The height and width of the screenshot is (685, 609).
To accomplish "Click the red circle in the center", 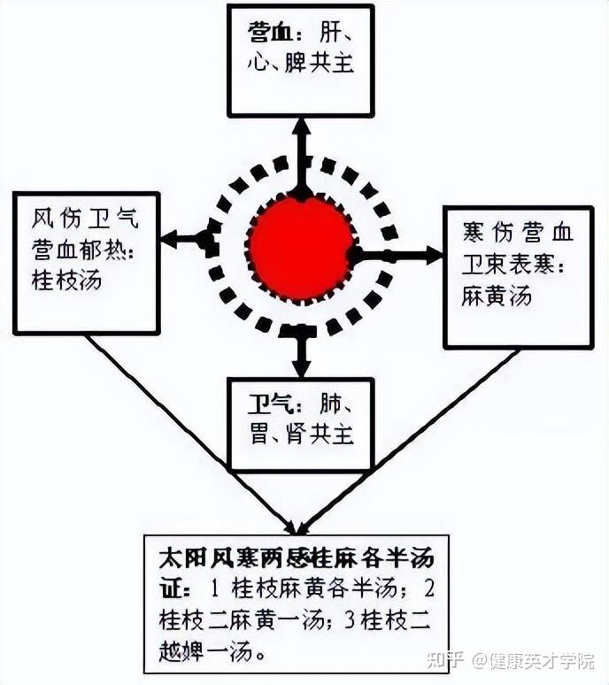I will click(x=301, y=247).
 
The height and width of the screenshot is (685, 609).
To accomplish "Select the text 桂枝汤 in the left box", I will click(x=67, y=281).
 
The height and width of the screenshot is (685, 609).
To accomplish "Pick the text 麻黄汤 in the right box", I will click(x=497, y=296).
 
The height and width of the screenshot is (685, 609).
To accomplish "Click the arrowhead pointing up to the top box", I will click(x=301, y=124).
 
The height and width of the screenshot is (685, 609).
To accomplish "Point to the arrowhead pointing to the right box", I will click(x=433, y=255).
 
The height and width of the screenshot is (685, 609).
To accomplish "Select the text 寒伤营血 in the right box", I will click(x=517, y=233).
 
